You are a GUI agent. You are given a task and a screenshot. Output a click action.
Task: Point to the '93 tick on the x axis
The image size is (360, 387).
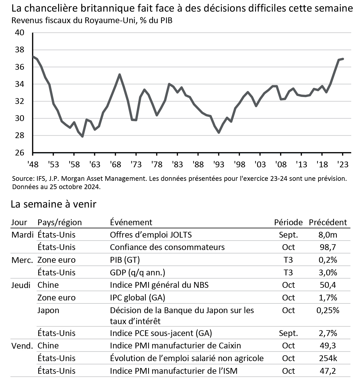(219, 165)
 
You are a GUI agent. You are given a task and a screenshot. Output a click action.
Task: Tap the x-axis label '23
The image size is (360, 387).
(343, 165)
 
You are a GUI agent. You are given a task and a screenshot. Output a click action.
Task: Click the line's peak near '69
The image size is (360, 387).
(119, 74)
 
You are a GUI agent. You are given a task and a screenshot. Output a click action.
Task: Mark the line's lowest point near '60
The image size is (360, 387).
(82, 136)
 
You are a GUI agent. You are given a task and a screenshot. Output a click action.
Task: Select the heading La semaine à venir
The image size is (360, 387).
(53, 204)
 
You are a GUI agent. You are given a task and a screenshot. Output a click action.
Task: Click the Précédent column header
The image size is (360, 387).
(328, 222)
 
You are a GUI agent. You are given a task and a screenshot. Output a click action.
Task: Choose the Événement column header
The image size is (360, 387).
(131, 222)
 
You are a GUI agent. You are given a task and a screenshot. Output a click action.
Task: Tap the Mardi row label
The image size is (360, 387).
(22, 235)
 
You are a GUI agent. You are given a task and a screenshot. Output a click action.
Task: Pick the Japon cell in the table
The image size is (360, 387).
(48, 310)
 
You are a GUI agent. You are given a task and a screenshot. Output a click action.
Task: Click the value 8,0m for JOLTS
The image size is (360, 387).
(328, 235)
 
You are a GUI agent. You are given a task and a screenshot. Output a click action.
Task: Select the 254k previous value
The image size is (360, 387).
(328, 358)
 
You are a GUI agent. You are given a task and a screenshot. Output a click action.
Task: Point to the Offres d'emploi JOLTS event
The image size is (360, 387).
(151, 235)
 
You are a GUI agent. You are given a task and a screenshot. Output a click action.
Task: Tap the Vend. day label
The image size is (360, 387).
(22, 346)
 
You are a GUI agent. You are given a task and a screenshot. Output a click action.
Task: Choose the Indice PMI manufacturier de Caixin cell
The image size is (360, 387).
(175, 346)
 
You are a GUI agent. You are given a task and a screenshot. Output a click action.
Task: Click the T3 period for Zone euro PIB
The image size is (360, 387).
(288, 260)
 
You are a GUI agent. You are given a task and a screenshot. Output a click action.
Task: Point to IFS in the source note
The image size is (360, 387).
(40, 179)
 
